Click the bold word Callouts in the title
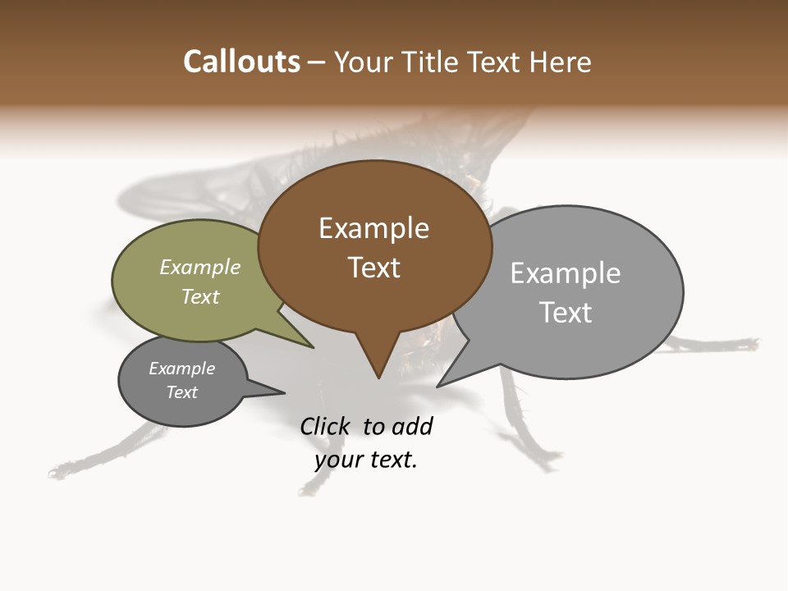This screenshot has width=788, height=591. (241, 62)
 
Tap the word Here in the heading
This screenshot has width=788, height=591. (561, 62)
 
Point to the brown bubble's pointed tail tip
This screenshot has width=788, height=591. (378, 378)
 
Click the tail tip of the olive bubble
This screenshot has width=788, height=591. (314, 348)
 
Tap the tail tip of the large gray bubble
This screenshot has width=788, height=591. (438, 387)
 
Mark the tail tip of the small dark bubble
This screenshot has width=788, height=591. (284, 393)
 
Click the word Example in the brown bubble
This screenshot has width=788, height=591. (373, 228)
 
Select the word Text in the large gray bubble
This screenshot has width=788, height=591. (566, 313)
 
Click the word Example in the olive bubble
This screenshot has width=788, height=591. (200, 268)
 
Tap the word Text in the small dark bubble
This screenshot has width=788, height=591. (182, 392)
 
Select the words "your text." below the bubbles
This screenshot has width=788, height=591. (366, 460)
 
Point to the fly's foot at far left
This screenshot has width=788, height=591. (57, 472)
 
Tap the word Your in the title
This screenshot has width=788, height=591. (364, 62)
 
